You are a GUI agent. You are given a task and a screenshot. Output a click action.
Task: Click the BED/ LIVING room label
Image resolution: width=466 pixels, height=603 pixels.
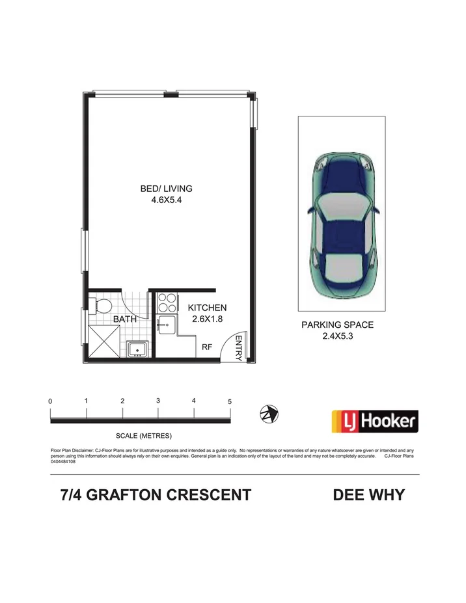167,189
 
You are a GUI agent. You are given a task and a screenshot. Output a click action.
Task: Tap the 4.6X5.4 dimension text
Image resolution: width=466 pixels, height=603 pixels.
167,201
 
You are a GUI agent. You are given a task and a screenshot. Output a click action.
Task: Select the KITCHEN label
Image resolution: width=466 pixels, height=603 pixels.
207,308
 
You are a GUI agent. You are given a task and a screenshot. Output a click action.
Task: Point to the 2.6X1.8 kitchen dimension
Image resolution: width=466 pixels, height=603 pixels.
207,319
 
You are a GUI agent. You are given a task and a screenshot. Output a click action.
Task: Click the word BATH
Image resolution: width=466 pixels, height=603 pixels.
124,319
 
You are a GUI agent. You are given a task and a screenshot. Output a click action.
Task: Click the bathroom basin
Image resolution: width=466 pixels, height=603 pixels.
138,349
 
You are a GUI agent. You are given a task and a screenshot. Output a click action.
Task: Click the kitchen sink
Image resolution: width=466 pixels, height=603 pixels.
167,325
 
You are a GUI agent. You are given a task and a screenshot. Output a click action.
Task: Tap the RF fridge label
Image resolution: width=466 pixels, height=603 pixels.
206,348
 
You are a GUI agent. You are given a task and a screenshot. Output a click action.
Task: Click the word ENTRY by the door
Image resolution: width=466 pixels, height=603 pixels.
239,347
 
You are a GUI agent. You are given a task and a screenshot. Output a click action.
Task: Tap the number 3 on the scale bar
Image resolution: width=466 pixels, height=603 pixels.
158,401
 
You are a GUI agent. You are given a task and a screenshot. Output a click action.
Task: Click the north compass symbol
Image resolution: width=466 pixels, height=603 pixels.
269,413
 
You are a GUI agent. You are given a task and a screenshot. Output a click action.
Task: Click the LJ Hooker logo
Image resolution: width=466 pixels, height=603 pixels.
374,422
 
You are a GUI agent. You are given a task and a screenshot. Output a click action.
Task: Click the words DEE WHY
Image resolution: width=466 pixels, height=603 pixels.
368,495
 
